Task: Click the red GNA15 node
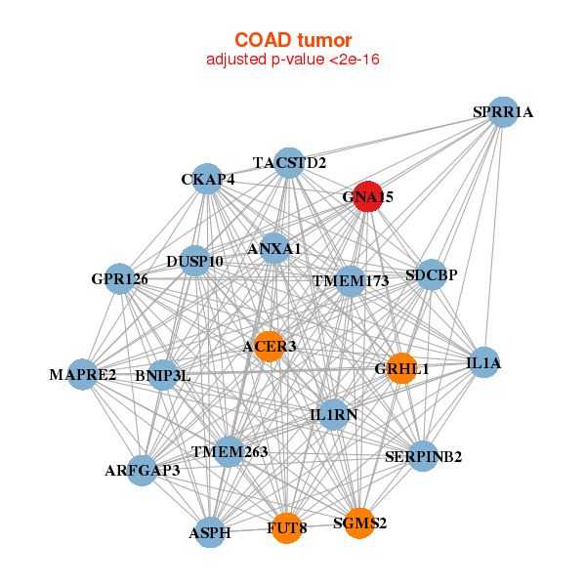click(367, 195)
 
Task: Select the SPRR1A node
click(502, 111)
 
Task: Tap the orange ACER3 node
click(269, 347)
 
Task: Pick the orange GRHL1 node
click(401, 368)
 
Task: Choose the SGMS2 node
click(359, 523)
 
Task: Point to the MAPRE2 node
click(83, 375)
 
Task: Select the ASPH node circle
click(210, 533)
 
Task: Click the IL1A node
click(483, 362)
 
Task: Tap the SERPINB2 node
click(423, 456)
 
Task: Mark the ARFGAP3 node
click(143, 470)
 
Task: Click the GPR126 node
click(119, 279)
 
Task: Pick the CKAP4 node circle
click(207, 179)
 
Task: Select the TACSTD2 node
click(289, 162)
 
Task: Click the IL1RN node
click(333, 414)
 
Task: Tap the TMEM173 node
click(350, 281)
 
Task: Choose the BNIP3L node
click(163, 375)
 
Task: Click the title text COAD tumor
click(292, 40)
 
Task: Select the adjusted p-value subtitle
click(292, 60)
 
